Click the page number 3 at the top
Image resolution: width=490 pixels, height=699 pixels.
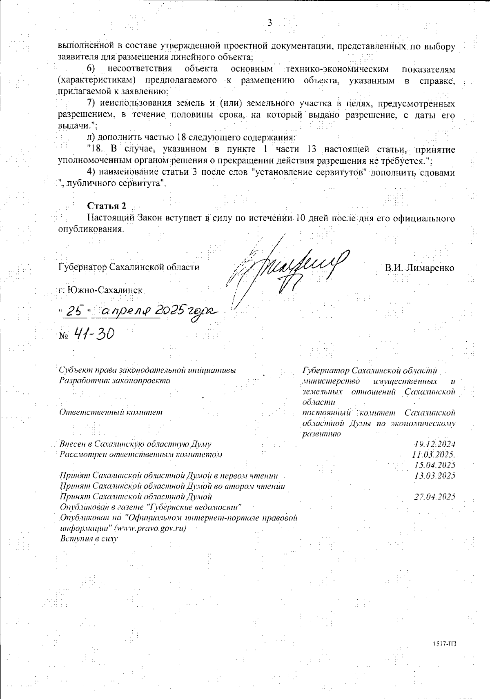tap(269, 22)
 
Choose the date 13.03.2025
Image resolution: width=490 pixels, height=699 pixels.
tap(435, 476)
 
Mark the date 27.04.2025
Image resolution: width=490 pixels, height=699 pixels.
tap(435, 497)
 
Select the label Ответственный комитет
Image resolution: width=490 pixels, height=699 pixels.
tap(111, 412)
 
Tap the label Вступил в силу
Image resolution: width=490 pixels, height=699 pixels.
tap(89, 539)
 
